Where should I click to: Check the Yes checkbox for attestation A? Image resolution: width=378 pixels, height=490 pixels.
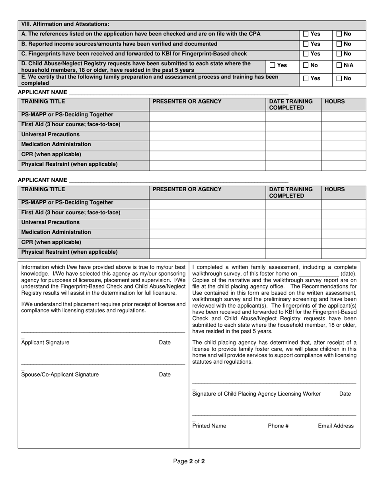point(306,34)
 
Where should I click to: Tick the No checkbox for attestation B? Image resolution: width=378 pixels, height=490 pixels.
point(339,44)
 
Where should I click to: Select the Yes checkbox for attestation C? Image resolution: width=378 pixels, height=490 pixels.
point(306,54)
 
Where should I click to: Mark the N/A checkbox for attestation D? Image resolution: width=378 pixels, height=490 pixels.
point(339,65)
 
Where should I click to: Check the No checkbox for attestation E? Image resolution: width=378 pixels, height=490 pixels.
point(339,78)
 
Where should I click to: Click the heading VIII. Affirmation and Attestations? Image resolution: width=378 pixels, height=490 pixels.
point(65,24)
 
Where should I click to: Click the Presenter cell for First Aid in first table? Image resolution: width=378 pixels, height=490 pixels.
point(207,125)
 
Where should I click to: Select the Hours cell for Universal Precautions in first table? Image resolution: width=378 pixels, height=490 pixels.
point(343,135)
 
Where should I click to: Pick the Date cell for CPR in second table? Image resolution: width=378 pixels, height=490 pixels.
point(293,243)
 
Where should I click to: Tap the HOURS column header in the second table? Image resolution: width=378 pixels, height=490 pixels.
point(335,190)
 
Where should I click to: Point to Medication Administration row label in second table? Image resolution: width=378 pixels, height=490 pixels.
point(56,232)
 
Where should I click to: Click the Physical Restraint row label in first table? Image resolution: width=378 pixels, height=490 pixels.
point(69,164)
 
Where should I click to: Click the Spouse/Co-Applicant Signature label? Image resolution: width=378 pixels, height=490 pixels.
point(60,374)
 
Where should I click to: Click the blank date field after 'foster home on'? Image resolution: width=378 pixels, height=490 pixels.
point(318,274)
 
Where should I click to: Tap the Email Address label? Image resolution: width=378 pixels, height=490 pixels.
point(335,426)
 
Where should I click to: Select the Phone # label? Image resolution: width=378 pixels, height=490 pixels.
point(278,426)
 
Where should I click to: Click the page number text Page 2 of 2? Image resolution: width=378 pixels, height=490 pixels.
point(189,462)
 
